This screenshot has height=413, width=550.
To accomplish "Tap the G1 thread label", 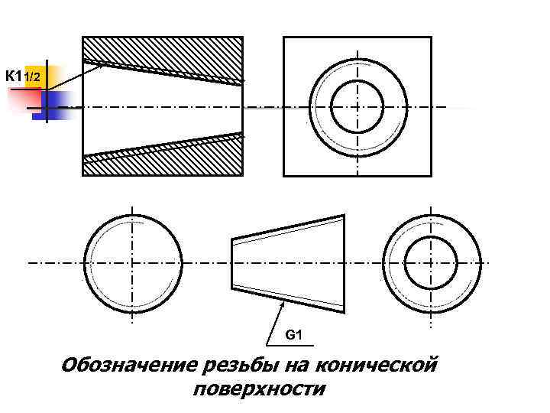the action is (295, 335).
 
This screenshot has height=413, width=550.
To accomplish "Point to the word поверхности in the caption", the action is (260, 390).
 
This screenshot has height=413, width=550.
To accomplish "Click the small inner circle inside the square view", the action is (357, 106).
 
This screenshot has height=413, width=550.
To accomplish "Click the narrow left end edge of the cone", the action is (232, 263).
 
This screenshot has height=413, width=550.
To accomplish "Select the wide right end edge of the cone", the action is (343, 264).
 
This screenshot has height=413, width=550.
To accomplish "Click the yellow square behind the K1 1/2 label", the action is (35, 75).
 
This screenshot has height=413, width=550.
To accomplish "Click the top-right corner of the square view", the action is (431, 37).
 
